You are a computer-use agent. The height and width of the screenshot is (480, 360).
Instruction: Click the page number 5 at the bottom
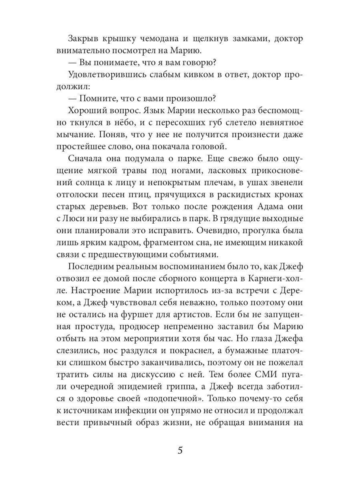click(x=180, y=450)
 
